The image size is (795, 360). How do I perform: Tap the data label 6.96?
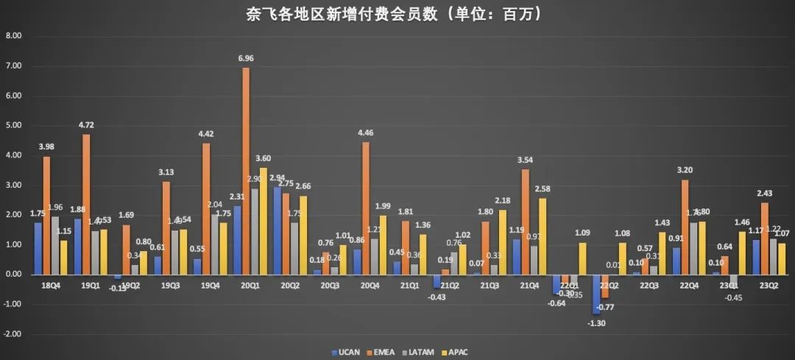click(x=245, y=57)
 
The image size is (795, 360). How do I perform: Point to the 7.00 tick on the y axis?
click(x=14, y=66)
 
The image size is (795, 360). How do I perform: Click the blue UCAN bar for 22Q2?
click(x=595, y=294)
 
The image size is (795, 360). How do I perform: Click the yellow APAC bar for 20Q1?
click(x=264, y=221)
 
